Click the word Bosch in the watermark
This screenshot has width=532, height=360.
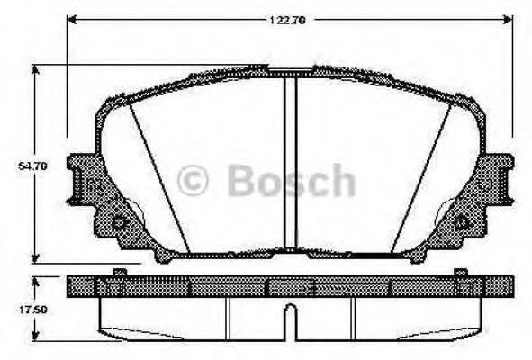pyautogui.click(x=291, y=181)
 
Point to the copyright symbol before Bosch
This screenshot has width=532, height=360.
pyautogui.click(x=192, y=181)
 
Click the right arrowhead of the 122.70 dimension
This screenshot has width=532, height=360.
pyautogui.click(x=509, y=18)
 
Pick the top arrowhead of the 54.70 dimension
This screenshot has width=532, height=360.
pyautogui.click(x=36, y=69)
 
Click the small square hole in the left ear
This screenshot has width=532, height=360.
pyautogui.click(x=118, y=221)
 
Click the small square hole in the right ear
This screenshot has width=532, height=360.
pyautogui.click(x=463, y=221)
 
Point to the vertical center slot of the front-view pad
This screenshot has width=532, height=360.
pyautogui.click(x=290, y=162)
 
